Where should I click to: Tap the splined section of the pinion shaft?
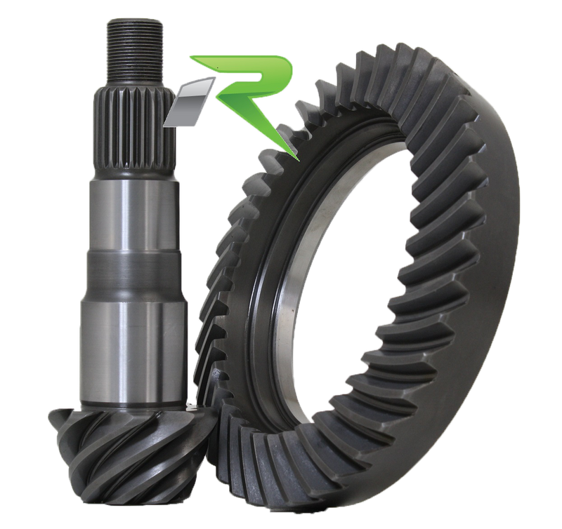coord(133,126)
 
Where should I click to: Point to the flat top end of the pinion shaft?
coord(136,23)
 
